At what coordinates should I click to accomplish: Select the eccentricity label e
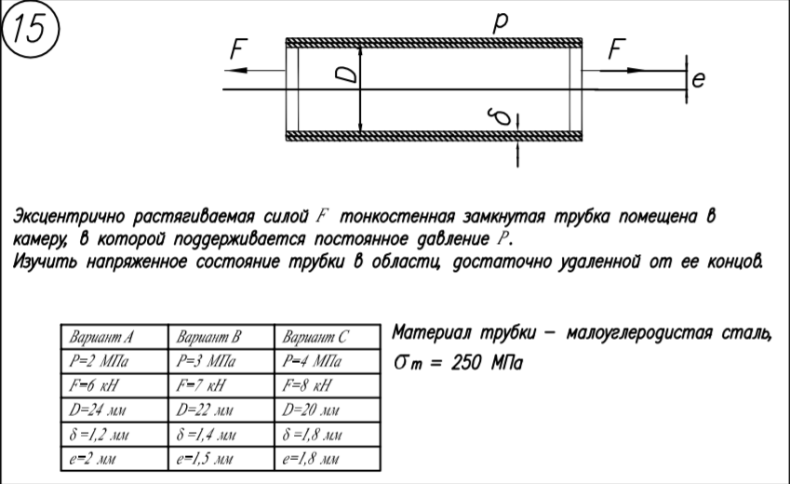(x=699, y=83)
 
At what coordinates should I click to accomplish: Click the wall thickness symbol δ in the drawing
(x=502, y=118)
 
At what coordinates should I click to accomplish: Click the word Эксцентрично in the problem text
(x=71, y=217)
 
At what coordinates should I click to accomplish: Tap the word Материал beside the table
(x=432, y=332)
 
